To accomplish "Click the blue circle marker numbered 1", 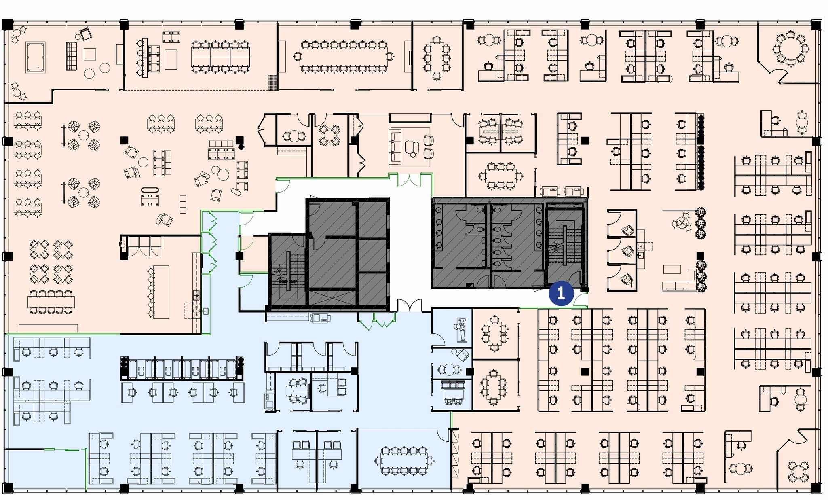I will (561, 293).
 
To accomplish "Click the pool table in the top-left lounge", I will (36, 57).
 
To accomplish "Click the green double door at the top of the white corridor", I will (409, 180).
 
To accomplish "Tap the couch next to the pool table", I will (71, 56).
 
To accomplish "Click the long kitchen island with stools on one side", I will (161, 292).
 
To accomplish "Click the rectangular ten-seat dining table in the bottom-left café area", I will (51, 302).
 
